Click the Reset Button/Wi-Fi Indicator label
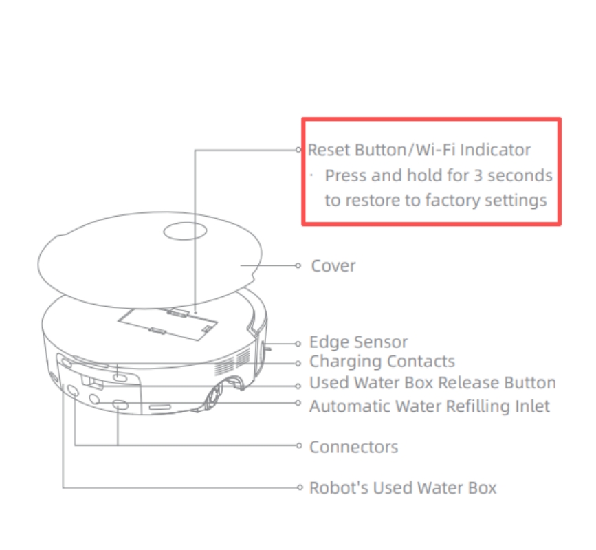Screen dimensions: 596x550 pyautogui.click(x=419, y=150)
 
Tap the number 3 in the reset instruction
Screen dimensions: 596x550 pyautogui.click(x=478, y=175)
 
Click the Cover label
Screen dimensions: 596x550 pyautogui.click(x=333, y=265)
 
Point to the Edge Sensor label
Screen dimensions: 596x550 pyautogui.click(x=358, y=342)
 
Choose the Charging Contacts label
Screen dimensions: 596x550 pyautogui.click(x=382, y=361)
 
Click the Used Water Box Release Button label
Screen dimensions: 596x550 pyautogui.click(x=432, y=383)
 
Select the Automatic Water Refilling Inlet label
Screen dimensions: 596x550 pyautogui.click(x=430, y=406)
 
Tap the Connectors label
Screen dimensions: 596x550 pyautogui.click(x=354, y=447)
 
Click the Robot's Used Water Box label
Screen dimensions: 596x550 pyautogui.click(x=403, y=487)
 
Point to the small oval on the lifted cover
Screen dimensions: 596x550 pyautogui.click(x=185, y=231)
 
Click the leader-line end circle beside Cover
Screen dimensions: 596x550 pyautogui.click(x=298, y=265)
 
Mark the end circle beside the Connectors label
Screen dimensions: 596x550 pyautogui.click(x=299, y=445)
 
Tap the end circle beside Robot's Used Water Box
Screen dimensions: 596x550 pyautogui.click(x=300, y=487)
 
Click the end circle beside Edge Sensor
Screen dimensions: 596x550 pyautogui.click(x=298, y=344)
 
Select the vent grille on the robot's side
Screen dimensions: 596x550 pyautogui.click(x=232, y=362)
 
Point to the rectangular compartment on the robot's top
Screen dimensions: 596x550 pyautogui.click(x=168, y=324)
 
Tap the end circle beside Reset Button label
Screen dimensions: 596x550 pyautogui.click(x=298, y=150)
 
